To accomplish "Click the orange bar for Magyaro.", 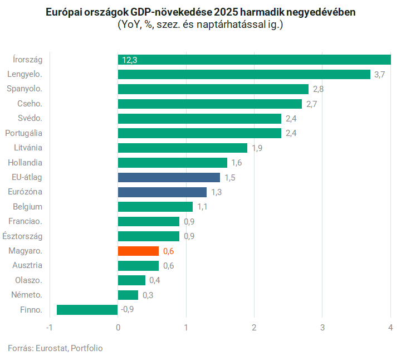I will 138,251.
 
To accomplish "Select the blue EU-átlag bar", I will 169,177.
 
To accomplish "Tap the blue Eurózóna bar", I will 162,192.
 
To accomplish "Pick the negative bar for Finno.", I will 87,309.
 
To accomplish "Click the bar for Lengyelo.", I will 244,74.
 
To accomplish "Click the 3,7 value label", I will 380,74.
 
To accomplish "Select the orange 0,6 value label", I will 168,251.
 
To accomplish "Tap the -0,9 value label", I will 128,309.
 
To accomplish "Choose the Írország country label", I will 28,59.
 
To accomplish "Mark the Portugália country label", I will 23,133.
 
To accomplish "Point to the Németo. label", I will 27,294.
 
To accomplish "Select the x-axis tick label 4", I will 390,327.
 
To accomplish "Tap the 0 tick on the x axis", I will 118,327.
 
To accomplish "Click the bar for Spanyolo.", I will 213,89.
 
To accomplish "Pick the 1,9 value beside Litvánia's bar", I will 257,148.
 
